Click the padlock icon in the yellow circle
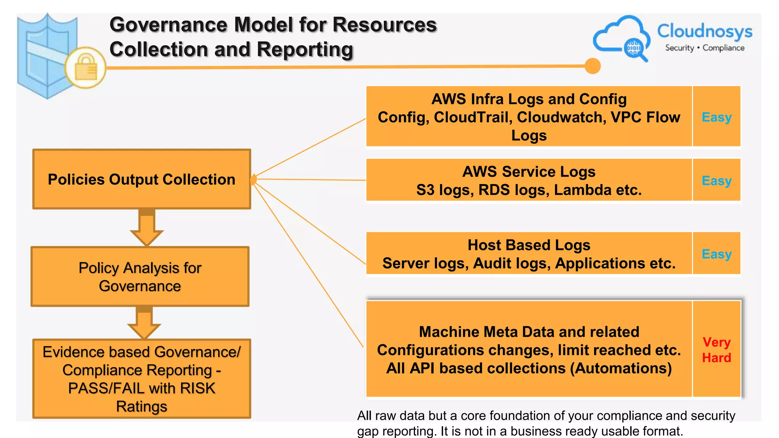(86, 67)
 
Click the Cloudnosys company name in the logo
(704, 31)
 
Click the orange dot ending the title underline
(592, 66)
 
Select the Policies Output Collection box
(141, 179)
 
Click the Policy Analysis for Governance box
(140, 276)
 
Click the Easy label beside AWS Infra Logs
(717, 117)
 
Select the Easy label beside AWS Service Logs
(717, 181)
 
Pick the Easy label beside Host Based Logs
(717, 254)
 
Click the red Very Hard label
(717, 350)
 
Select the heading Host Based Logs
(529, 245)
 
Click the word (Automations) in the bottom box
(621, 368)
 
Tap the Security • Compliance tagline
(704, 48)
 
